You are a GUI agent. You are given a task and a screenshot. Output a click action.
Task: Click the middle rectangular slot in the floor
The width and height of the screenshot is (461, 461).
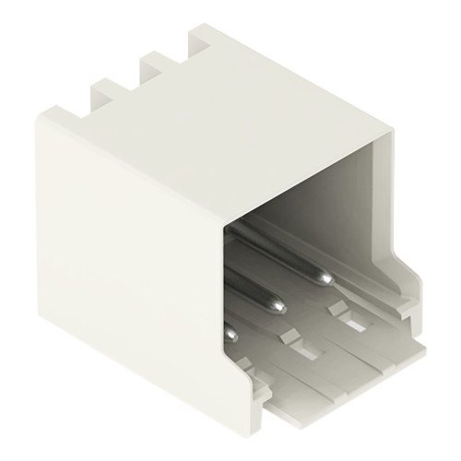tap(301, 351)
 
